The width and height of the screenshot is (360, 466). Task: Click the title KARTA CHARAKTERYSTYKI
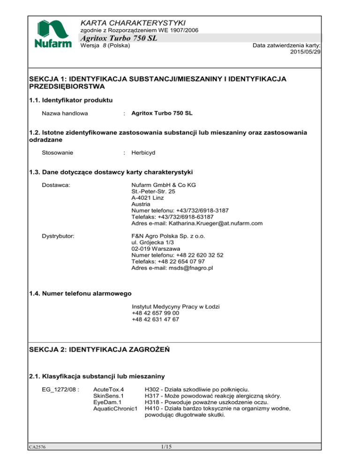point(134,23)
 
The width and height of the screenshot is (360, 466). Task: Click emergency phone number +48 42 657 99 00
point(155,313)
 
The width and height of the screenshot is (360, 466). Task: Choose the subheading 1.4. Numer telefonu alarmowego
point(80,293)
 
